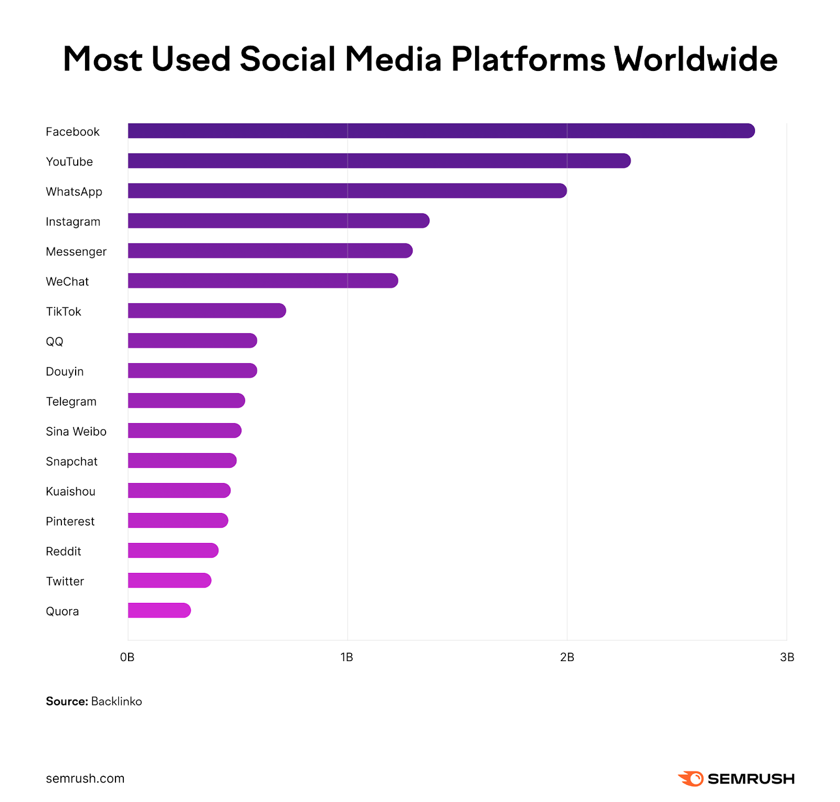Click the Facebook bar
click(441, 131)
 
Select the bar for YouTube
click(379, 161)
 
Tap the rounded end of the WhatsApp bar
click(561, 191)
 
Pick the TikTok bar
click(207, 311)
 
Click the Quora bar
click(159, 610)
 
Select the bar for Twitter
click(170, 580)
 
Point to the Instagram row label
click(73, 222)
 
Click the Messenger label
click(76, 252)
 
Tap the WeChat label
click(67, 282)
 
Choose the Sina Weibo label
click(76, 431)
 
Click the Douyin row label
click(65, 372)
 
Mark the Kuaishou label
click(70, 491)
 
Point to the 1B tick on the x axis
click(346, 657)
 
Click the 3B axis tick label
click(786, 657)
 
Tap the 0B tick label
click(127, 657)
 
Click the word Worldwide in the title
click(695, 59)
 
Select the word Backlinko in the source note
click(117, 701)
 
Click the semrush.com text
click(85, 778)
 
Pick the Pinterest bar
click(178, 520)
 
